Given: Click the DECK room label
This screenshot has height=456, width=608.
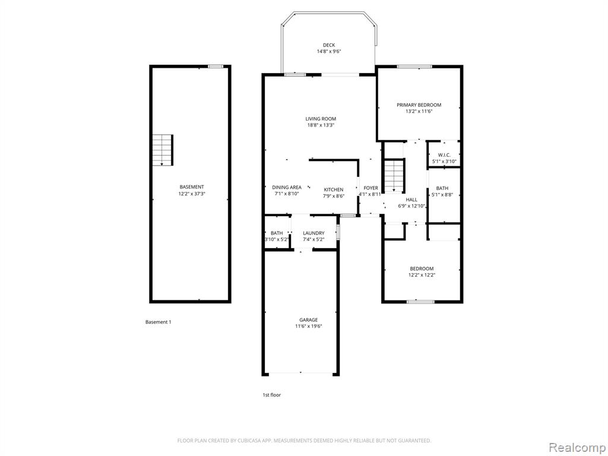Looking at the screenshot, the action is (x=329, y=45).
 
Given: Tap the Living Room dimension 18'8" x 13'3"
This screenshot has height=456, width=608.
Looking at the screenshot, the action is (x=321, y=125).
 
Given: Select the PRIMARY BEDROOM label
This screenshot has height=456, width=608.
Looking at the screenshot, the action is (x=419, y=104).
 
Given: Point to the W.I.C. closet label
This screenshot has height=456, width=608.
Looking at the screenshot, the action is (x=444, y=155).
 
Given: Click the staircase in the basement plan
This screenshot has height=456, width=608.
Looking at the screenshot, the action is (x=163, y=150).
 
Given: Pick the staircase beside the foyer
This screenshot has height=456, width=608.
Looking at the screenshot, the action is (x=394, y=176).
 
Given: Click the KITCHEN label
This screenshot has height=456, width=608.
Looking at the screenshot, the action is (x=334, y=189).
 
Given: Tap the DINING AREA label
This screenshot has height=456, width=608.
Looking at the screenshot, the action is (x=287, y=187).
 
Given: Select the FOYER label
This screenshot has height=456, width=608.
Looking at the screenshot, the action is (x=370, y=188).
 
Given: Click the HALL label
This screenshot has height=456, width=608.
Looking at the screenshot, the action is (x=411, y=199).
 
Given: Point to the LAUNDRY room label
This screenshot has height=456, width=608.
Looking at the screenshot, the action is (x=313, y=233).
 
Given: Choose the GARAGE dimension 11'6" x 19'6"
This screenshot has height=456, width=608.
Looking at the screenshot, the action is (x=309, y=326).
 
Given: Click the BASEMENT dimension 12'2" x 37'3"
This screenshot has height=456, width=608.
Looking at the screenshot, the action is (x=192, y=193).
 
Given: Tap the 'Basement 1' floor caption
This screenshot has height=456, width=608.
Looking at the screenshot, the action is (x=158, y=322).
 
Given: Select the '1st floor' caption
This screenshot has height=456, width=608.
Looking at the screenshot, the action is (x=272, y=395).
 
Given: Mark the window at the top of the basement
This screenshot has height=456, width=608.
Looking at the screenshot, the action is (x=216, y=66).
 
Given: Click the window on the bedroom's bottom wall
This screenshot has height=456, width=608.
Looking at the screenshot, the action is (x=421, y=301).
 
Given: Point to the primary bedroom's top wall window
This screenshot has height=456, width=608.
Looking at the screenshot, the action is (x=414, y=66).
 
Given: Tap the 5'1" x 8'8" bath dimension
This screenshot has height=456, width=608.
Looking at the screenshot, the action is (x=442, y=195).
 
